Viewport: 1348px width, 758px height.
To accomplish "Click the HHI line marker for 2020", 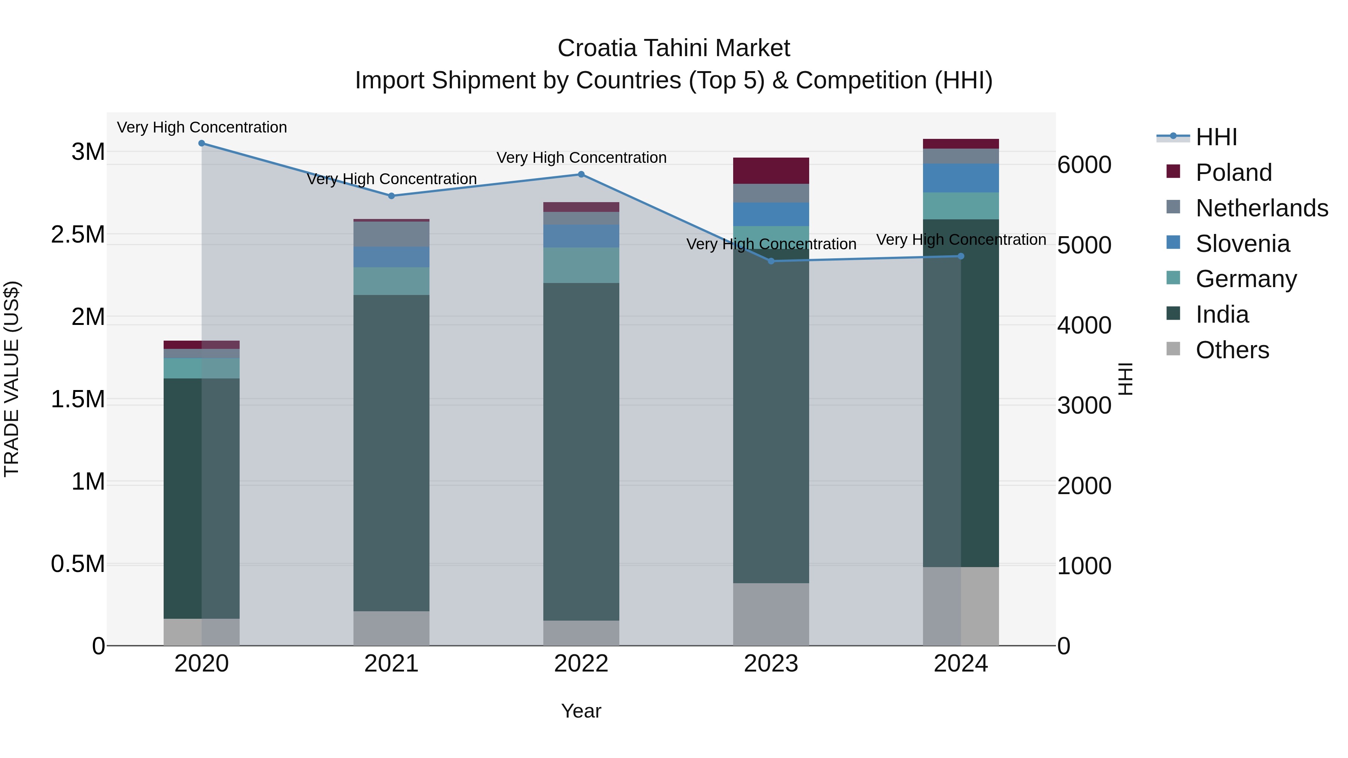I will pyautogui.click(x=201, y=143).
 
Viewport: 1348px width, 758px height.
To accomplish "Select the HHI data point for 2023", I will pyautogui.click(x=771, y=261).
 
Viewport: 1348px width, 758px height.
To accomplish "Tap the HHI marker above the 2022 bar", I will pyautogui.click(x=581, y=174).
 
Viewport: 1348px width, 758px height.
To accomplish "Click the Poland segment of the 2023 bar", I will pyautogui.click(x=771, y=171).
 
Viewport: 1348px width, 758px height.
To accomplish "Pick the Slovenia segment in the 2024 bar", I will pyautogui.click(x=961, y=178).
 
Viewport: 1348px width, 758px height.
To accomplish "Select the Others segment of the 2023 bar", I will pyautogui.click(x=771, y=614).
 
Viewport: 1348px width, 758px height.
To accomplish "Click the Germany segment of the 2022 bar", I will pyautogui.click(x=581, y=265).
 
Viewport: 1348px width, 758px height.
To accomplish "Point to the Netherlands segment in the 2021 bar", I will pyautogui.click(x=391, y=234).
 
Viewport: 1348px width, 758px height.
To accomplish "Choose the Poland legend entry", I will pyautogui.click(x=1233, y=173).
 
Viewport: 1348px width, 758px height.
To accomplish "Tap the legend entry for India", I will pyautogui.click(x=1222, y=314).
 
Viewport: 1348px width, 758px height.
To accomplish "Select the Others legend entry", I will pyautogui.click(x=1232, y=350).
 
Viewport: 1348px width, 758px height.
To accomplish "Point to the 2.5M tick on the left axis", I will pyautogui.click(x=78, y=235).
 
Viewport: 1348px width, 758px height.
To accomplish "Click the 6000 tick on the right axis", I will pyautogui.click(x=1084, y=165).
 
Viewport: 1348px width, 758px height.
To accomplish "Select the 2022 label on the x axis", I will pyautogui.click(x=581, y=664).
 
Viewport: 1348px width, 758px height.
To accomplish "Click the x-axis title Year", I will pyautogui.click(x=581, y=711).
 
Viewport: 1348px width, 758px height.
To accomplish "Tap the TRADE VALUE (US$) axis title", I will pyautogui.click(x=12, y=379).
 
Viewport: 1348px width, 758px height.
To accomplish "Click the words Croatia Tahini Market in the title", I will pyautogui.click(x=674, y=48).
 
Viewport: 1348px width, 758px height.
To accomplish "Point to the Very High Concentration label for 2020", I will pyautogui.click(x=201, y=127).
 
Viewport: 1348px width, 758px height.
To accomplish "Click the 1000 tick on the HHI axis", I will pyautogui.click(x=1084, y=566).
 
